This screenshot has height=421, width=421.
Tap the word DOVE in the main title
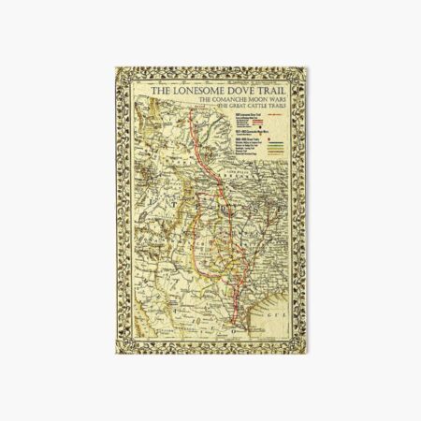tap(242, 91)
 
